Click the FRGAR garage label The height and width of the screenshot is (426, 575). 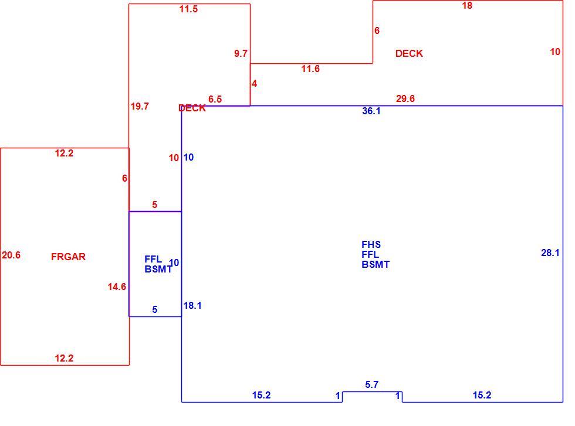pyautogui.click(x=68, y=257)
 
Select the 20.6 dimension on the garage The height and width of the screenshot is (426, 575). pyautogui.click(x=11, y=255)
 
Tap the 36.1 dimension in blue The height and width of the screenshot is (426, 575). pyautogui.click(x=371, y=111)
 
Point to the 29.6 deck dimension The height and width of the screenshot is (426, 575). pyautogui.click(x=405, y=98)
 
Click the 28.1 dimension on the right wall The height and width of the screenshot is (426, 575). pyautogui.click(x=550, y=253)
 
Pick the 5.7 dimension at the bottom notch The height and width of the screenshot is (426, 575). pyautogui.click(x=371, y=384)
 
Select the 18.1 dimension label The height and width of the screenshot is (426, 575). pyautogui.click(x=192, y=305)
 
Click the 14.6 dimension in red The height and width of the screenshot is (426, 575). pyautogui.click(x=117, y=287)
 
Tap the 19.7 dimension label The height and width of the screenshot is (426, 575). pyautogui.click(x=140, y=106)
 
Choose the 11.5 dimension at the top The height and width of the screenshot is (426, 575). pyautogui.click(x=188, y=9)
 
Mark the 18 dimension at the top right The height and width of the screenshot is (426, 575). pyautogui.click(x=467, y=5)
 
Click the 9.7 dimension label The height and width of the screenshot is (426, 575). pyautogui.click(x=241, y=53)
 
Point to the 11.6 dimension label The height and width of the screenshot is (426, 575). pyautogui.click(x=310, y=69)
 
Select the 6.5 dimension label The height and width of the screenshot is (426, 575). pyautogui.click(x=215, y=99)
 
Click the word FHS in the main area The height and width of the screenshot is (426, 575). pyautogui.click(x=371, y=244)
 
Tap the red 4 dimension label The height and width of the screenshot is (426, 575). pyautogui.click(x=254, y=84)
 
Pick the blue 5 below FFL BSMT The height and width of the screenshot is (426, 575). pyautogui.click(x=155, y=309)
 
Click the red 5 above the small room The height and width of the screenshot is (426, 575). pyautogui.click(x=155, y=205)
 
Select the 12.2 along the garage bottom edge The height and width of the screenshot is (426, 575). pyautogui.click(x=64, y=358)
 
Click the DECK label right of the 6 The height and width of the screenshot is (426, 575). pyautogui.click(x=409, y=53)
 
